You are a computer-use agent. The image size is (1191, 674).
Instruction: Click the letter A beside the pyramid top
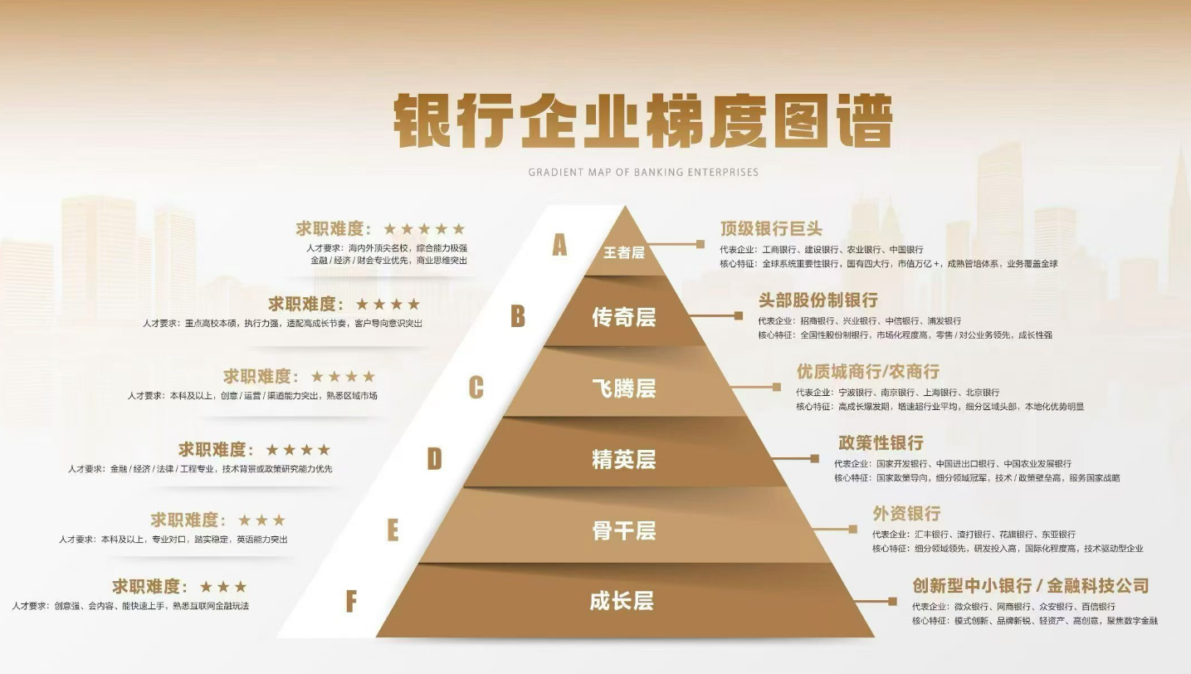[559, 245]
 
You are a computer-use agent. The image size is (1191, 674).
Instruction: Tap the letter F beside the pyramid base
[351, 601]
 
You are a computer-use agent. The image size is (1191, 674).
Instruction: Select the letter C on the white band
[476, 388]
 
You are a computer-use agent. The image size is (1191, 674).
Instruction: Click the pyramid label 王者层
[623, 252]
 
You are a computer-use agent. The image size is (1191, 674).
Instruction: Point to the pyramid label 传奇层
[623, 317]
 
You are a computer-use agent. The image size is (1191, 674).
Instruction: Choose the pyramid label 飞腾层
[623, 388]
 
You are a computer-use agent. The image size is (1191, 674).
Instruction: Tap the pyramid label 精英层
[623, 460]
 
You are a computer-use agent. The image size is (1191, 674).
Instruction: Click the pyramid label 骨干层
[623, 530]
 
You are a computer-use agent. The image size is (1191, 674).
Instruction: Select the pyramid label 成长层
[622, 601]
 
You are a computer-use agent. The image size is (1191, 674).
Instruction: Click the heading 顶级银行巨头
[771, 228]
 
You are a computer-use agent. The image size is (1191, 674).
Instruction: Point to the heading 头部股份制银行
[818, 300]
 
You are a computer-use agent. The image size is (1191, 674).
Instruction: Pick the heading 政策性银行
[881, 442]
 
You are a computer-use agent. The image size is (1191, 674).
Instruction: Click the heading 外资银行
[906, 514]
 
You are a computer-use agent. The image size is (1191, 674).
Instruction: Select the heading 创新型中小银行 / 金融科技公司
[1031, 586]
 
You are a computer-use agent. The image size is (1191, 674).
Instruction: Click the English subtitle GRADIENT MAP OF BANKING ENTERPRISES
[643, 172]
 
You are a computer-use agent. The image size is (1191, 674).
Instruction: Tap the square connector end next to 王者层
[700, 245]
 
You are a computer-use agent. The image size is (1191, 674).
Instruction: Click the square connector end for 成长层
[892, 602]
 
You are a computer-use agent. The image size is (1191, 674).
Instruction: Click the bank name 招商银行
[818, 321]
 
